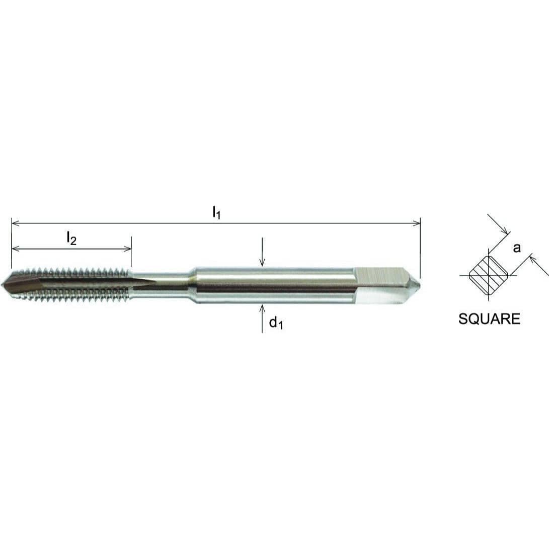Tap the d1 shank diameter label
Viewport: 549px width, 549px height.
276,323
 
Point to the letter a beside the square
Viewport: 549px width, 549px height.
517,248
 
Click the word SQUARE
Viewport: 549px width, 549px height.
489,319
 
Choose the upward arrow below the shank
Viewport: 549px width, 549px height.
262,308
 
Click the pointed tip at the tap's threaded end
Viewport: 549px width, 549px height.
5,284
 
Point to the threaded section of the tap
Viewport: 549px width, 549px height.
75,284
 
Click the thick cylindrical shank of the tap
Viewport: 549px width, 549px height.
272,285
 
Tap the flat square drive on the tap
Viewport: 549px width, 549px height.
380,285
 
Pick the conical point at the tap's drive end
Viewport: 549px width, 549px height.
416,284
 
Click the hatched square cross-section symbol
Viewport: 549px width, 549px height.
488,276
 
